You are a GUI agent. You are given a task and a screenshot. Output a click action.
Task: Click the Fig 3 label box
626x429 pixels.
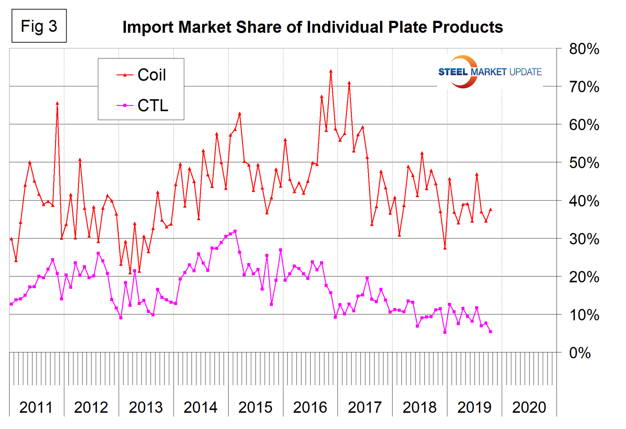click(39, 26)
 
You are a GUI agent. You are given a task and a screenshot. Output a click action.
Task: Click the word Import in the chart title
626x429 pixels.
click(148, 27)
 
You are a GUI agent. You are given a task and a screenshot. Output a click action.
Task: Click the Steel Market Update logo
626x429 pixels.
click(489, 72)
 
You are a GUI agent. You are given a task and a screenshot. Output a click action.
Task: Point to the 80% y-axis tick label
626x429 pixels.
click(584, 49)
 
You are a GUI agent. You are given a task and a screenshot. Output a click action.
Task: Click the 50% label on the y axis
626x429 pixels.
click(584, 163)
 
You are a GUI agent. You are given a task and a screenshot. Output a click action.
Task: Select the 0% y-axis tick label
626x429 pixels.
click(580, 353)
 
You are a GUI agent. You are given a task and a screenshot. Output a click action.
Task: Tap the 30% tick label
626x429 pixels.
click(584, 239)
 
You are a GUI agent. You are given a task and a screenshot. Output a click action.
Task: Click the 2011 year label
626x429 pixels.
click(36, 407)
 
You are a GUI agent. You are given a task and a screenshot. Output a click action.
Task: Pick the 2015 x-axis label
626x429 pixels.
click(255, 407)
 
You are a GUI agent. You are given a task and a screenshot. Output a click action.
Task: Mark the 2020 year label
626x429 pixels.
click(529, 407)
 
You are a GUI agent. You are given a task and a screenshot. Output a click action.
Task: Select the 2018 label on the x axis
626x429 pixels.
click(419, 407)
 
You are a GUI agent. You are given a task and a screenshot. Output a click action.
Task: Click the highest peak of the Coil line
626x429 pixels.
click(331, 71)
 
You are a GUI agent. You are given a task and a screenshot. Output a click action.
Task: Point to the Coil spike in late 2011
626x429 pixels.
click(57, 103)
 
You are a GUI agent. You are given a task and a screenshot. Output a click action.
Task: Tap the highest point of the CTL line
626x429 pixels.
click(235, 231)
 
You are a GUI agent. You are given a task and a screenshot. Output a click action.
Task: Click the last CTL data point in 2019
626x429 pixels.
click(491, 332)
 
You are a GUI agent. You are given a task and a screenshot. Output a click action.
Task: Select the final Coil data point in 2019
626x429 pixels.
click(491, 209)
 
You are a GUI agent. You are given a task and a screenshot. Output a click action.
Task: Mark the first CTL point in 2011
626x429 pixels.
click(11, 304)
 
